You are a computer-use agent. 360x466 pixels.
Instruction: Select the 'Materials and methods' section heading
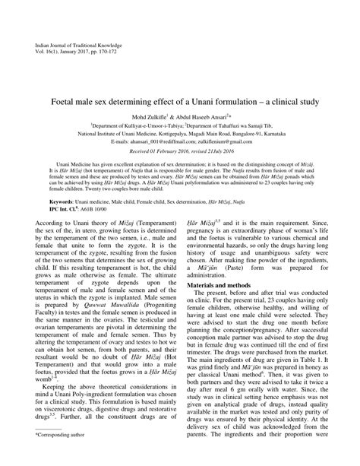222,305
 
